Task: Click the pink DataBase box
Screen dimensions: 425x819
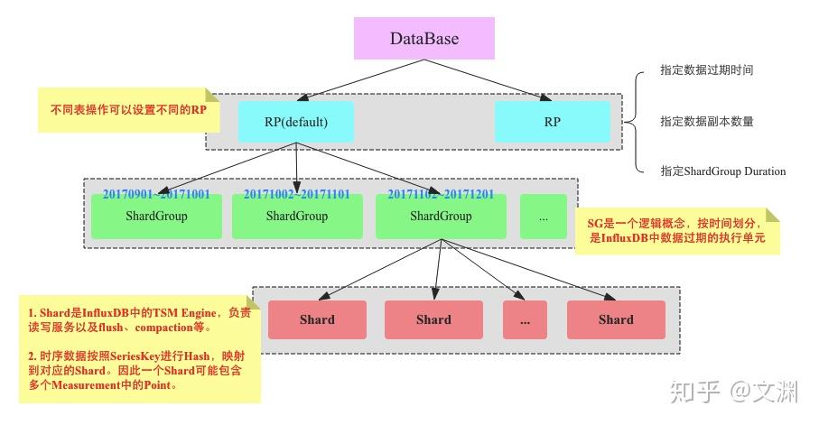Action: pos(424,39)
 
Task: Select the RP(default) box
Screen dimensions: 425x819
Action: pos(296,121)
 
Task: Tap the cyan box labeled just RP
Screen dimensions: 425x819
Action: pos(552,121)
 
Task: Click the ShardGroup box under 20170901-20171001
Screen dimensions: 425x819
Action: pos(156,217)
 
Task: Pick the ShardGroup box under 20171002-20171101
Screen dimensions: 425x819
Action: pos(297,217)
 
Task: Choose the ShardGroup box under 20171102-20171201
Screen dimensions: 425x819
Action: pos(441,217)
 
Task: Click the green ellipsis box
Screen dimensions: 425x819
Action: pos(543,217)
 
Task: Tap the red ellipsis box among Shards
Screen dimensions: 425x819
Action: pos(525,319)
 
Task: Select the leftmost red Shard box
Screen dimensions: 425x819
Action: pos(317,319)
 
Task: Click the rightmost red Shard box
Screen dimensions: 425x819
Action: pos(616,319)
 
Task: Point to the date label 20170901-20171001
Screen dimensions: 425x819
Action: pos(155,193)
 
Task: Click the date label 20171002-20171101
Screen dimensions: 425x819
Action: pos(297,193)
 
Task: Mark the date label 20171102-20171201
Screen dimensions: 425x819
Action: pos(442,193)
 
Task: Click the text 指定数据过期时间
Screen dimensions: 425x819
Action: pos(706,70)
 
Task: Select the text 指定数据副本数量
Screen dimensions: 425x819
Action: pos(706,121)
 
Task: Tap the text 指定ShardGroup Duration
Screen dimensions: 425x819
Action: pos(722,171)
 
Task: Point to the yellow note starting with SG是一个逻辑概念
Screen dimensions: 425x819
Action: pos(677,231)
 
